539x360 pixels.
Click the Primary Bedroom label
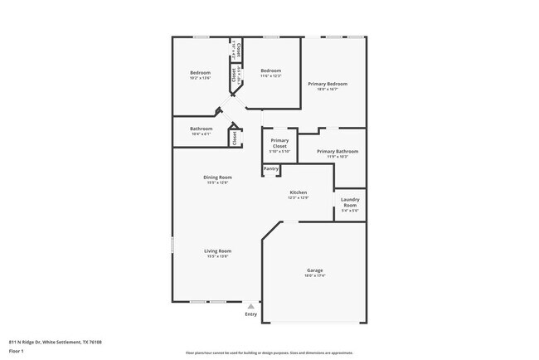[327, 84]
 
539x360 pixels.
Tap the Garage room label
[314, 270]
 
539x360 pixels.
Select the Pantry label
[271, 169]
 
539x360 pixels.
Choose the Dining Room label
[217, 177]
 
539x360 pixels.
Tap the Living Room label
[217, 251]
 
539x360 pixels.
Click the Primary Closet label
[279, 144]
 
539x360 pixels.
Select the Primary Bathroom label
[337, 151]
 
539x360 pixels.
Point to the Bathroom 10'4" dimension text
[202, 134]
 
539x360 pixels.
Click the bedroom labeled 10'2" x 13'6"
[200, 76]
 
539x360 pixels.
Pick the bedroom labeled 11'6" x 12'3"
[271, 76]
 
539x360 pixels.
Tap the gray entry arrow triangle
[250, 306]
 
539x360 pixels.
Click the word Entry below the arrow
[250, 314]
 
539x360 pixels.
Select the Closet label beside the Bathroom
[235, 138]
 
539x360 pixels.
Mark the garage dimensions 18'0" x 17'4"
[314, 275]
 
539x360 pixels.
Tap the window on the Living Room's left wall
[172, 246]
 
